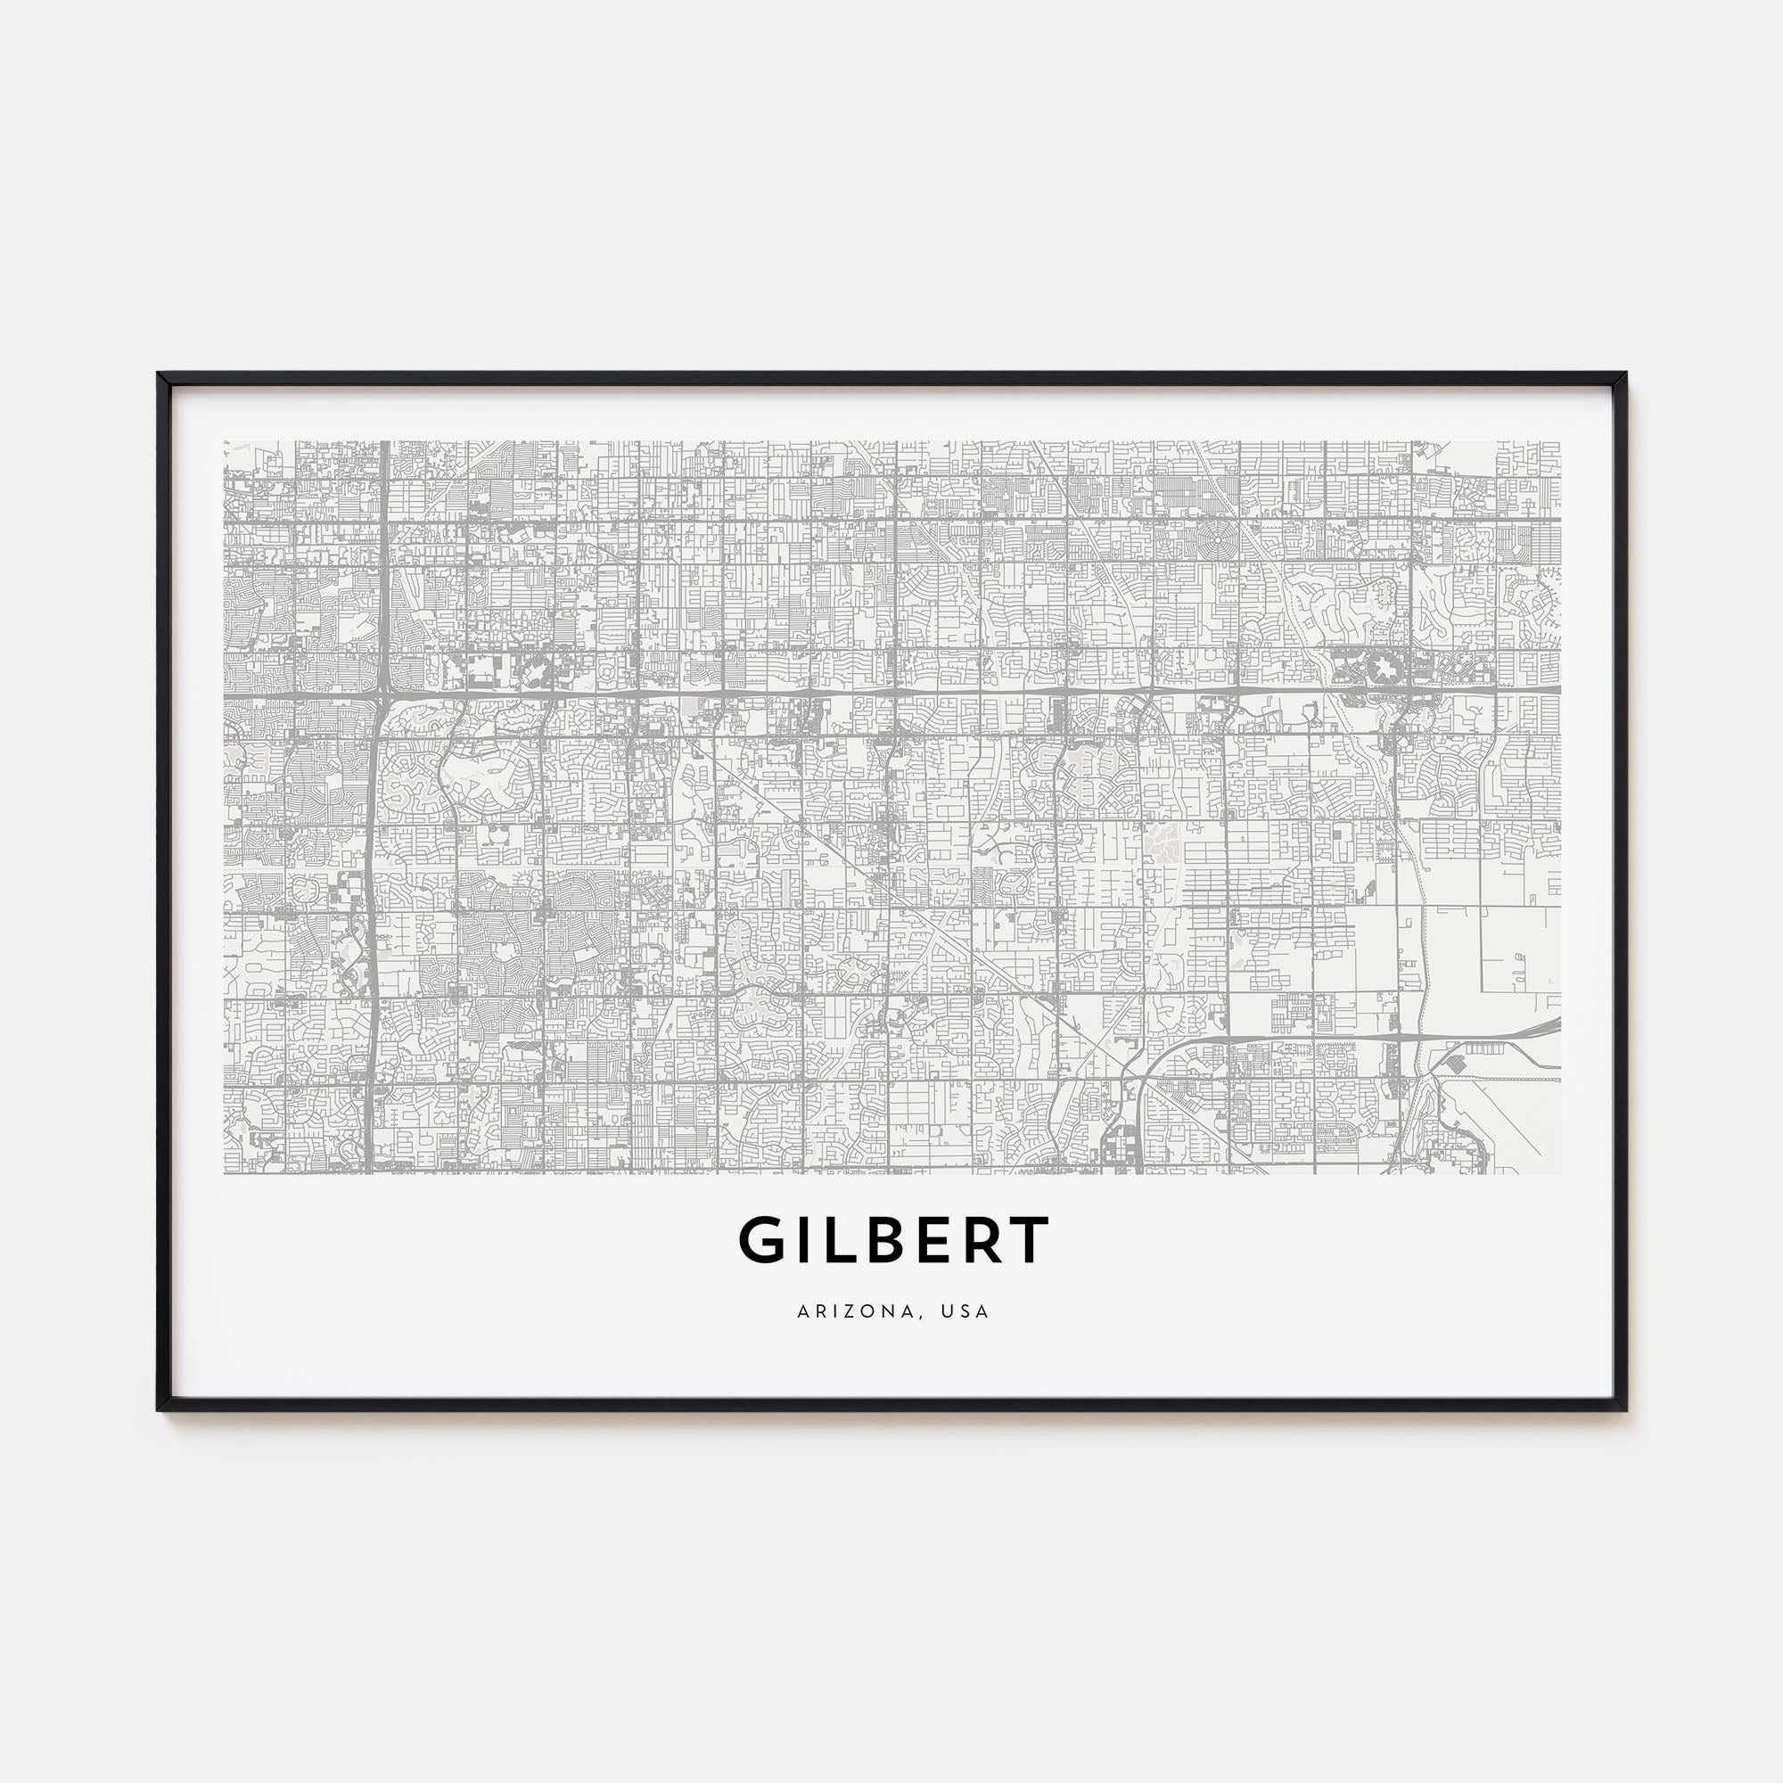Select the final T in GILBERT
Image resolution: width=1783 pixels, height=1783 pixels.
pyautogui.click(x=1030, y=1241)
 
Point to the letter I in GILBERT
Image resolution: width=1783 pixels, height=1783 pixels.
pyautogui.click(x=801, y=1241)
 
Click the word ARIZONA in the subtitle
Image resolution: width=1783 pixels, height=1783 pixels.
pyautogui.click(x=854, y=1311)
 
